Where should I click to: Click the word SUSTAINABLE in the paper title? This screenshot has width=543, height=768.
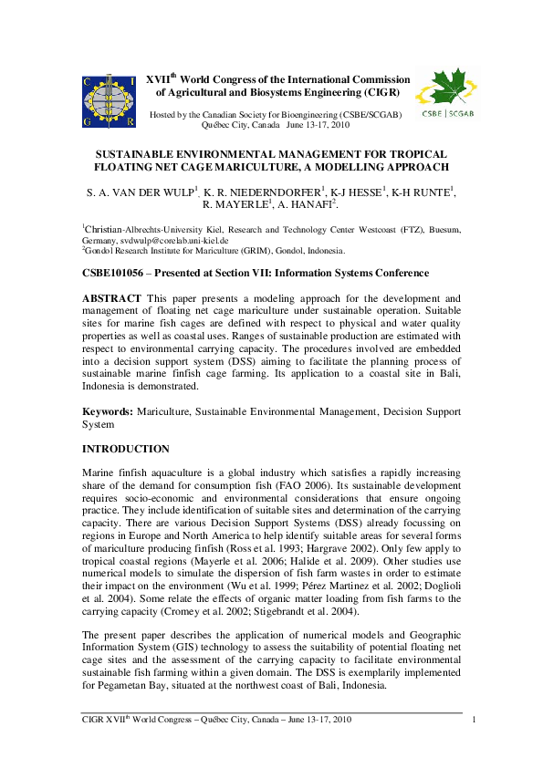(x=141, y=156)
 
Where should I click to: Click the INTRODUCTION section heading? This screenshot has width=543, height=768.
(x=125, y=449)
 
